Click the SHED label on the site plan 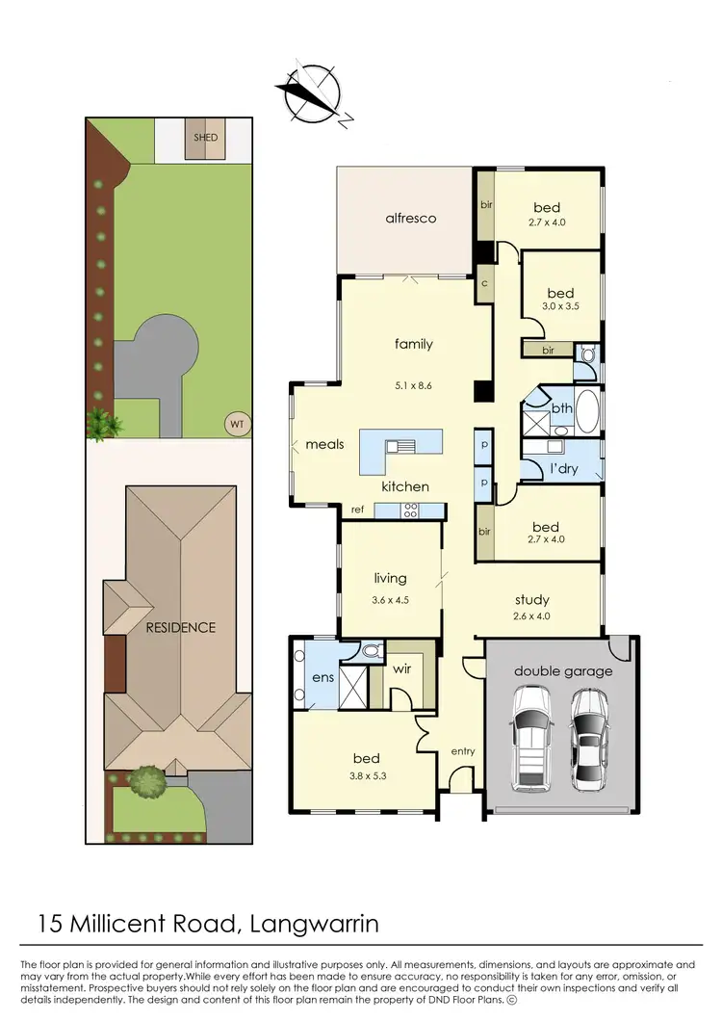pyautogui.click(x=205, y=138)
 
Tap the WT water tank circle pyautogui.click(x=234, y=422)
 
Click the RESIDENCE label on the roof pyautogui.click(x=180, y=627)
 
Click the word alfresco pyautogui.click(x=410, y=219)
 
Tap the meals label pyautogui.click(x=324, y=445)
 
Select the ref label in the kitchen pyautogui.click(x=356, y=510)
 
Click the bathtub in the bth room pyautogui.click(x=586, y=408)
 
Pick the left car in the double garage pyautogui.click(x=531, y=738)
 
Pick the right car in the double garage pyautogui.click(x=588, y=738)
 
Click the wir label pyautogui.click(x=403, y=668)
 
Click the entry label pyautogui.click(x=464, y=751)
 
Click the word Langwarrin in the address pyautogui.click(x=314, y=925)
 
